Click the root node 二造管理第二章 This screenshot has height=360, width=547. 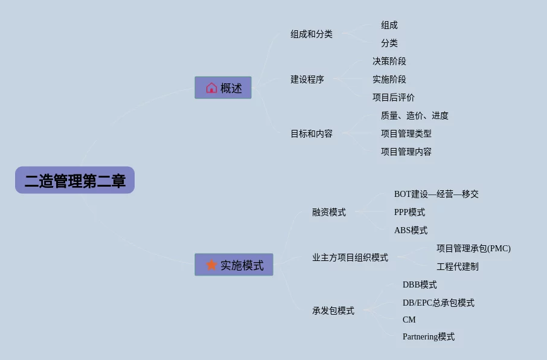pyautogui.click(x=75, y=180)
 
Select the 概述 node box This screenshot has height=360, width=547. pyautogui.click(x=223, y=88)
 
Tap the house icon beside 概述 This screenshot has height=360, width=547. pyautogui.click(x=211, y=88)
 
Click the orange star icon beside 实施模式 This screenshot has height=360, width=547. pyautogui.click(x=211, y=265)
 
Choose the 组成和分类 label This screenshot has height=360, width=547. pyautogui.click(x=312, y=34)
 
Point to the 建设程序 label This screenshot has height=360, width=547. pyautogui.click(x=307, y=79)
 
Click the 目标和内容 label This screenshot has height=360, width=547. pyautogui.click(x=312, y=133)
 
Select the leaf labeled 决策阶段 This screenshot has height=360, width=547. pyautogui.click(x=389, y=61)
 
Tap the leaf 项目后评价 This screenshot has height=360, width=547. pyautogui.click(x=394, y=97)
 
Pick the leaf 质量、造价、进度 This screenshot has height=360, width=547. pyautogui.click(x=415, y=115)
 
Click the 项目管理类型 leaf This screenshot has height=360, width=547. pyautogui.click(x=406, y=133)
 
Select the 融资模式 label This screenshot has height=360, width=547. pyautogui.click(x=329, y=212)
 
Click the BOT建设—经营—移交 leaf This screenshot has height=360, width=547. pyautogui.click(x=437, y=194)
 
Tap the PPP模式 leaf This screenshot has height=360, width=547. pyautogui.click(x=409, y=212)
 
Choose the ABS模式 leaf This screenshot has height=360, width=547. pyautogui.click(x=411, y=230)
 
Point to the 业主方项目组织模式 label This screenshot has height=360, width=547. pyautogui.click(x=350, y=257)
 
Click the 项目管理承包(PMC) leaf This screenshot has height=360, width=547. pyautogui.click(x=473, y=248)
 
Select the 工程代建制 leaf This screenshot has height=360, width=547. pyautogui.click(x=458, y=266)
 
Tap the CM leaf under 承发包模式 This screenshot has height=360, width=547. pyautogui.click(x=409, y=320)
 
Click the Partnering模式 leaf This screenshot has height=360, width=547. pyautogui.click(x=429, y=336)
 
